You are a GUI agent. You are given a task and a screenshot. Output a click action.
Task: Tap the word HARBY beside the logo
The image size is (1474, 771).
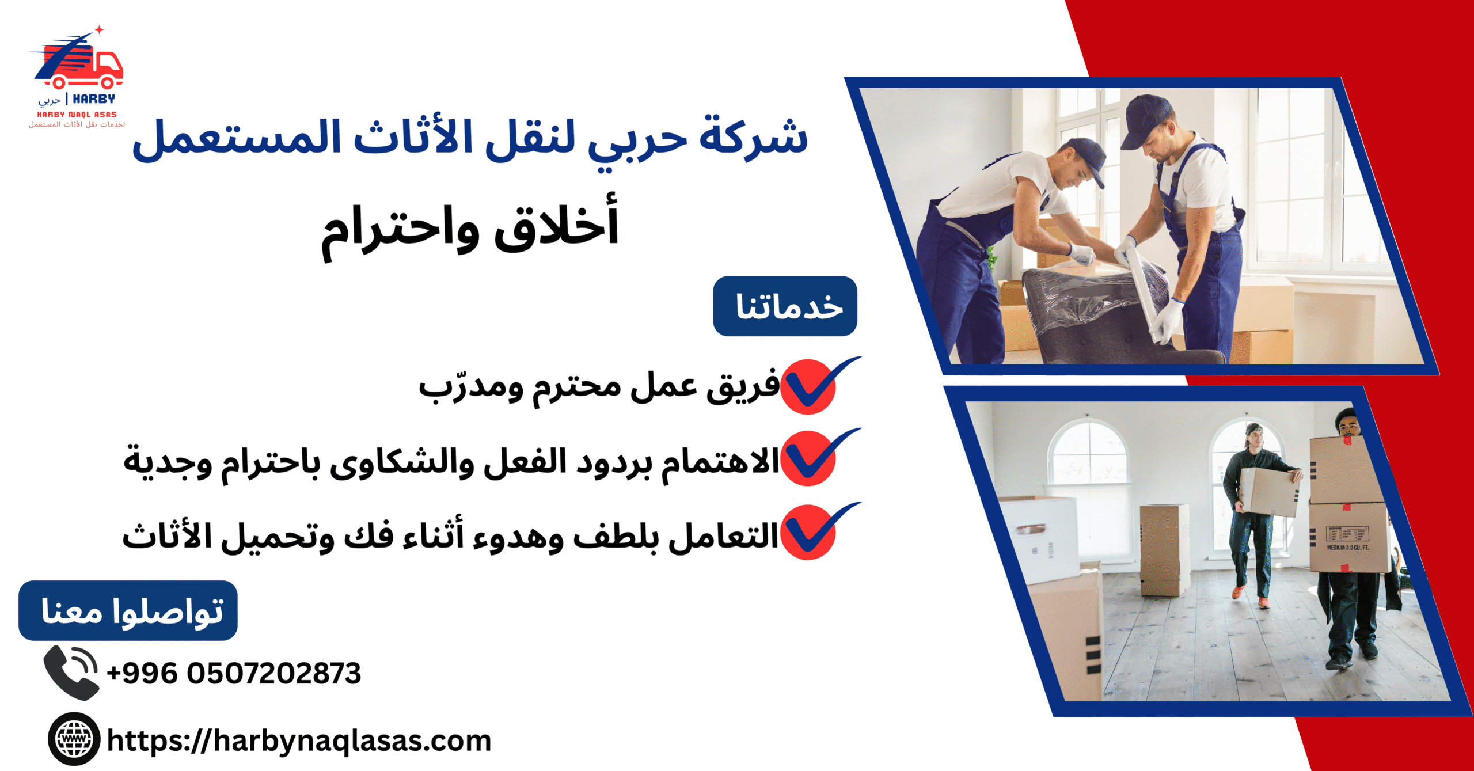click(94, 99)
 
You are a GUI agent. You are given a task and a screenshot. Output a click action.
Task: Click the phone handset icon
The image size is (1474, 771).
click(71, 673)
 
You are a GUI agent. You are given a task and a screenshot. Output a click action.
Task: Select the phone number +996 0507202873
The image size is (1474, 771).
click(234, 673)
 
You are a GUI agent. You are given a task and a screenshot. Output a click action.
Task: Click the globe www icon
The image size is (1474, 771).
click(74, 739)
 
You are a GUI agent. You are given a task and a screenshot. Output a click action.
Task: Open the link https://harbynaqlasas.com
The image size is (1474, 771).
click(299, 741)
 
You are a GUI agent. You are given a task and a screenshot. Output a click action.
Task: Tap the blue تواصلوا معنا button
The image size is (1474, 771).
click(128, 610)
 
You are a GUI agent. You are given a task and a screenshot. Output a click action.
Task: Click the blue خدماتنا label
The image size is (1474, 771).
click(785, 306)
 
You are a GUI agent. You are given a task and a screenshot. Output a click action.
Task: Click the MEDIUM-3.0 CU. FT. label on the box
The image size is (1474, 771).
click(1348, 548)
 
